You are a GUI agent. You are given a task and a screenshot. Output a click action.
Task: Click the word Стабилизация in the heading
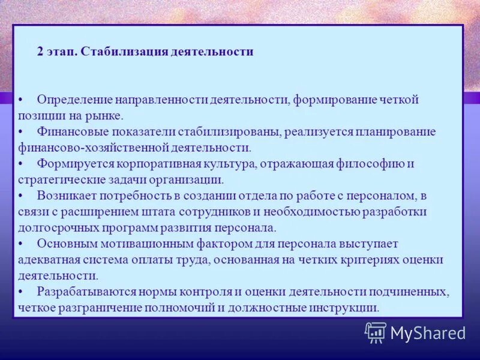pos(114,52)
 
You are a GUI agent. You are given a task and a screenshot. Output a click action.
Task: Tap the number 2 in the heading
pos(40,52)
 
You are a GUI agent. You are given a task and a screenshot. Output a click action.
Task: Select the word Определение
pos(74,100)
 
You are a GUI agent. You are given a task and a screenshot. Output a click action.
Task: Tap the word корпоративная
pos(144,163)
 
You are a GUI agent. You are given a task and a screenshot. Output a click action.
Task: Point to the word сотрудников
pos(232,211)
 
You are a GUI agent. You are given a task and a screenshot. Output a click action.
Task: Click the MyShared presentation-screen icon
pos(376,332)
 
